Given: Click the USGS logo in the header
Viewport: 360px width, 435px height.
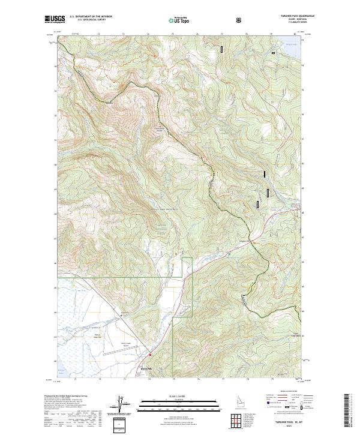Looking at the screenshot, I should (55, 20).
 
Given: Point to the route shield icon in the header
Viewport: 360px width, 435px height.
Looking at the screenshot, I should (240, 20).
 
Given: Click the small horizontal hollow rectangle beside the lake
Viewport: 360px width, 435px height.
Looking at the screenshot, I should (274, 53).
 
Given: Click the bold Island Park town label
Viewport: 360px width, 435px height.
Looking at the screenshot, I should (146, 368).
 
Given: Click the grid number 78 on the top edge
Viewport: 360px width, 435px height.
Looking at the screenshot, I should (247, 35).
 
